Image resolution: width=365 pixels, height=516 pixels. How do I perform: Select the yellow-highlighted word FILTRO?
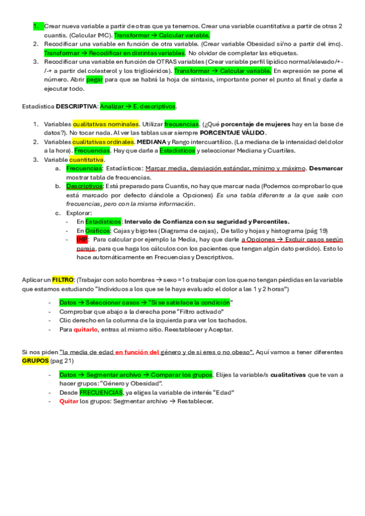[62, 279]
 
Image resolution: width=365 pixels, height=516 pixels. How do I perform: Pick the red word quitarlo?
[86, 329]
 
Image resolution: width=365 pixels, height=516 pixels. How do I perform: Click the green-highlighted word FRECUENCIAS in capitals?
[101, 392]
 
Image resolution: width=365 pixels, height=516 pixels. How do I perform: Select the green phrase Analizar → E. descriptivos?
[138, 106]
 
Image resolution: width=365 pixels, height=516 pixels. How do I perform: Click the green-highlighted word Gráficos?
[97, 231]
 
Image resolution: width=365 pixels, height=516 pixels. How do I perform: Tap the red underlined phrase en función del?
[137, 352]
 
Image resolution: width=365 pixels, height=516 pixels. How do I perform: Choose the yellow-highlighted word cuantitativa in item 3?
[87, 159]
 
